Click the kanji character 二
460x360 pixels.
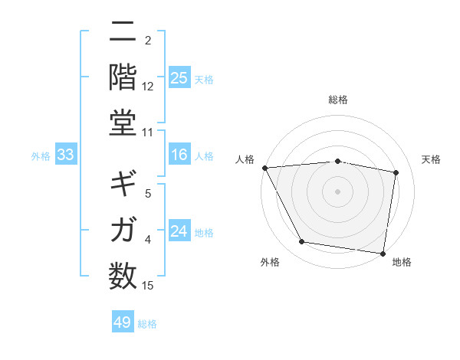[x=123, y=33]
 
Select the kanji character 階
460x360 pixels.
[x=123, y=77]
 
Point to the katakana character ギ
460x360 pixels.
[x=123, y=184]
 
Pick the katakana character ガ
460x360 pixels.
[x=123, y=228]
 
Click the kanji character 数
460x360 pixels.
[x=123, y=274]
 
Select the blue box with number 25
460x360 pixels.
[x=179, y=78]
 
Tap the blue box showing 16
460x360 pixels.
[x=179, y=155]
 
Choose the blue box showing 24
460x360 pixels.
[x=179, y=232]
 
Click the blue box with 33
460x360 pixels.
[x=65, y=155]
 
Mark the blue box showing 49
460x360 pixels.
[x=122, y=322]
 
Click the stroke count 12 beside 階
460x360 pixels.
[x=148, y=86]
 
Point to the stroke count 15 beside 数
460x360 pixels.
[x=148, y=286]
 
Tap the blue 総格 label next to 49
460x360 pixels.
[x=148, y=324]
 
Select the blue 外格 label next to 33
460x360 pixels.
[x=41, y=156]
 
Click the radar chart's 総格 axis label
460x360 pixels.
[x=338, y=100]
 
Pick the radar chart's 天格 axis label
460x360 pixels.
[x=432, y=159]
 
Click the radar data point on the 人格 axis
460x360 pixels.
[x=264, y=168]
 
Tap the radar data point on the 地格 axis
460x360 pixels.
[x=383, y=253]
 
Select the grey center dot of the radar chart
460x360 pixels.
[x=338, y=191]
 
